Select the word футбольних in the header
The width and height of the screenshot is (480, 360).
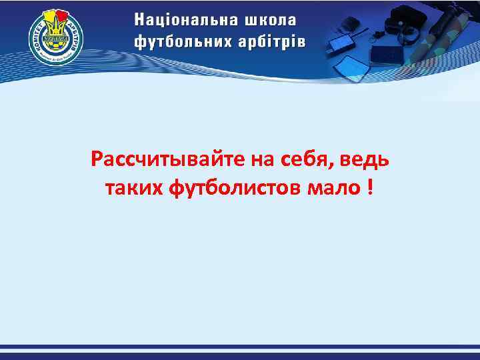pyautogui.click(x=181, y=41)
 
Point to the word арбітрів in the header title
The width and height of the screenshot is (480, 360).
pyautogui.click(x=270, y=41)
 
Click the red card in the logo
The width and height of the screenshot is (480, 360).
pyautogui.click(x=64, y=16)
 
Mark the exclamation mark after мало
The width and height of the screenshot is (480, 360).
pyautogui.click(x=369, y=187)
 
